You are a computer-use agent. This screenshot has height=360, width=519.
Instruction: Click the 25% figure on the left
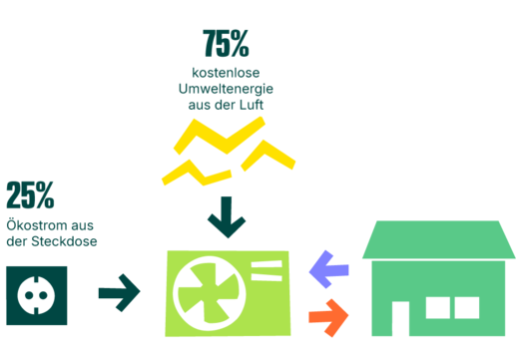click(30, 195)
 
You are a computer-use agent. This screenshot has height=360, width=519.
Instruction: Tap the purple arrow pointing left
click(328, 267)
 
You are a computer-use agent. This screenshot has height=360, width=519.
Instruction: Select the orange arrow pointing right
click(328, 315)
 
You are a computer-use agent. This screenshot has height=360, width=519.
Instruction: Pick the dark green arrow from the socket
click(120, 293)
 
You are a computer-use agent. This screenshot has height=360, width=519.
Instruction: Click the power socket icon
click(37, 295)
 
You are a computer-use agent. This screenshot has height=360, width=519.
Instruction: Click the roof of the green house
click(439, 240)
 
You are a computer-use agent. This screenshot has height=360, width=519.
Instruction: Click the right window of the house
click(465, 307)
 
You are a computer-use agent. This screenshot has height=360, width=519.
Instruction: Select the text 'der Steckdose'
click(51, 242)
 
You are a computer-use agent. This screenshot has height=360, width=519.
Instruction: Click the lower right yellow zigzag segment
click(266, 154)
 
